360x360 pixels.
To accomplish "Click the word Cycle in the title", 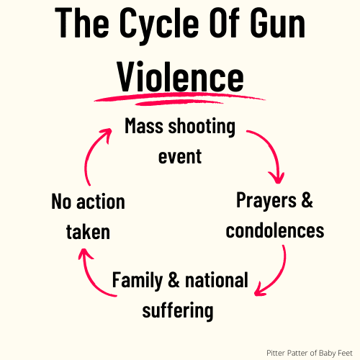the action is (x=159, y=25).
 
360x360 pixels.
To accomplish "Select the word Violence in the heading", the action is (x=181, y=77).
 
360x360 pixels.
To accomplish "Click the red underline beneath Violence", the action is (x=179, y=99).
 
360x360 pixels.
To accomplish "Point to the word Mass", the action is (x=144, y=126).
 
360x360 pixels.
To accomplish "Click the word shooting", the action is (x=202, y=127).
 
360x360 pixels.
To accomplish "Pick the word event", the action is (x=180, y=156).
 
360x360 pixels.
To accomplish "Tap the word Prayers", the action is (x=266, y=201).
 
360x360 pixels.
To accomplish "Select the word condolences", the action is (x=275, y=230).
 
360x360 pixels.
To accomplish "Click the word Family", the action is (x=138, y=281).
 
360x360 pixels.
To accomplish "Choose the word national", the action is (x=217, y=279).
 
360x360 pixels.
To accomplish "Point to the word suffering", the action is (x=178, y=310).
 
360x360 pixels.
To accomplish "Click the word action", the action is (x=101, y=202).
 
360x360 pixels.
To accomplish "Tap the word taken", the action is (x=88, y=232).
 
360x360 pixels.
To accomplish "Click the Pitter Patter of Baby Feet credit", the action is (x=310, y=353).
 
